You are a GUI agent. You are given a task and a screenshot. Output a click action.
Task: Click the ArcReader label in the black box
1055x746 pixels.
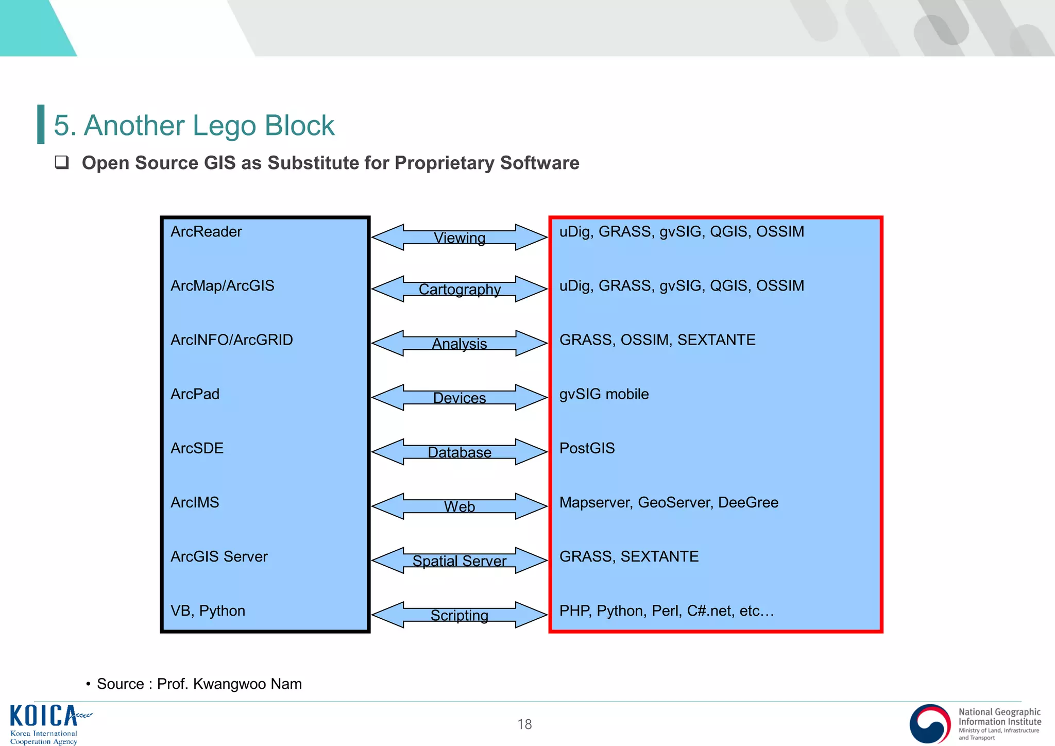point(206,232)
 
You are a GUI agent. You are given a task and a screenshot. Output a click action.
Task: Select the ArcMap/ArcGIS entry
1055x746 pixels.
point(222,286)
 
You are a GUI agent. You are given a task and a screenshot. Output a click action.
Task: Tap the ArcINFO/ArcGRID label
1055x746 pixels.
point(231,340)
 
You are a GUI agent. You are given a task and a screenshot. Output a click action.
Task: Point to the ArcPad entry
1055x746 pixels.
point(195,394)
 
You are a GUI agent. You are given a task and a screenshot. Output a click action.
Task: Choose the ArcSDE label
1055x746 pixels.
point(197,448)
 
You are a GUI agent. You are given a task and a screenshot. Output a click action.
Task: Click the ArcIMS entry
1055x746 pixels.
point(195,502)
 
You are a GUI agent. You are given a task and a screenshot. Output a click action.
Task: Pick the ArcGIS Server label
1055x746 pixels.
point(219,556)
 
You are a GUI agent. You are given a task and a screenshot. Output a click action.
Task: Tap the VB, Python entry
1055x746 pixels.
point(208,611)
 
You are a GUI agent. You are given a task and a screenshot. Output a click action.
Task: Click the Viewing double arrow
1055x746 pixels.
point(459,238)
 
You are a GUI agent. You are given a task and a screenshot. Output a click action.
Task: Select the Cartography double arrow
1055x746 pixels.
point(459,289)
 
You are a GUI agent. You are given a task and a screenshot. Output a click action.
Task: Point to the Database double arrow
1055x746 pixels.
point(459,452)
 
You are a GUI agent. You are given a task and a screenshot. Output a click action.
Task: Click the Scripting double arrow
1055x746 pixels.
point(459,615)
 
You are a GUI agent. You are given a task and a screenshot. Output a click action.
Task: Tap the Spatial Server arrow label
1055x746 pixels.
point(459,561)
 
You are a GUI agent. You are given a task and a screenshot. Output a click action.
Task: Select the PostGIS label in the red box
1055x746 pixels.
point(587,448)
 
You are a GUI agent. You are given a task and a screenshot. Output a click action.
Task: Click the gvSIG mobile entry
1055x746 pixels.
point(604,394)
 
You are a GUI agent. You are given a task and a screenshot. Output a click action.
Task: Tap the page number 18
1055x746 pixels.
point(524,724)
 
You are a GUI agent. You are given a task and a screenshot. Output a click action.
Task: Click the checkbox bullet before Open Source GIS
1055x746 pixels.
point(62,163)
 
